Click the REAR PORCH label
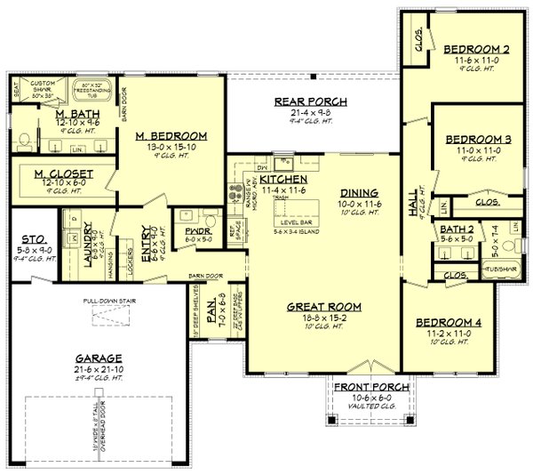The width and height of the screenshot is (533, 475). (310, 101)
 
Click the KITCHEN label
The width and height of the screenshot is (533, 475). (282, 180)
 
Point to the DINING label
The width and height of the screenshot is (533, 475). (360, 192)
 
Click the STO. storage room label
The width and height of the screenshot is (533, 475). (33, 239)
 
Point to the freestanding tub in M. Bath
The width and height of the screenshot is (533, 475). (92, 97)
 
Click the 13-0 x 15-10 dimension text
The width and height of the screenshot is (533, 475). (171, 148)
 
